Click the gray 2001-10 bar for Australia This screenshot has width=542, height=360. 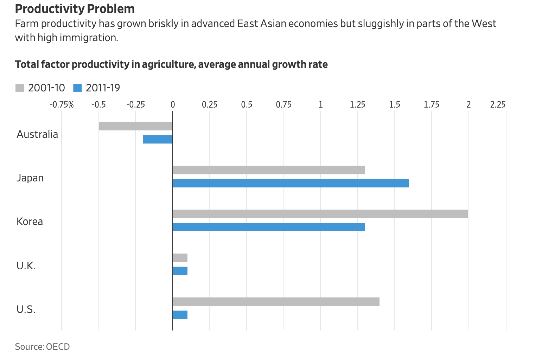[x=135, y=126]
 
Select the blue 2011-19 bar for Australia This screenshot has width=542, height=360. [x=158, y=139]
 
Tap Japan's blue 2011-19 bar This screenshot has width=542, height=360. [x=291, y=183]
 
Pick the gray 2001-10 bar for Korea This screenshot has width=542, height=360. [x=320, y=214]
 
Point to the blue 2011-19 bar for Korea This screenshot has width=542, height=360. [x=268, y=227]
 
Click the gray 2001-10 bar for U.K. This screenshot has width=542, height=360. [x=180, y=258]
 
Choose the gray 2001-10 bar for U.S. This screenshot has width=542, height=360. [x=276, y=302]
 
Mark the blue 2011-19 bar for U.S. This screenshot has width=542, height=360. [x=180, y=315]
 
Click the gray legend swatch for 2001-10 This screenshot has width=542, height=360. [x=20, y=88]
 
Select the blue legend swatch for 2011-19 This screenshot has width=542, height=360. [x=77, y=88]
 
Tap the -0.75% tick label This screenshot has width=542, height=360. [x=62, y=104]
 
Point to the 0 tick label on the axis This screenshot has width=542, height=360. [x=173, y=104]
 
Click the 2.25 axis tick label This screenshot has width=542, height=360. [x=498, y=104]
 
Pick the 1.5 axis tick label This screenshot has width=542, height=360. [x=395, y=104]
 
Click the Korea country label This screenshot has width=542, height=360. [x=30, y=221]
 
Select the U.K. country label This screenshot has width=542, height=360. [x=26, y=266]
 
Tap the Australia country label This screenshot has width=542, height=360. [x=37, y=134]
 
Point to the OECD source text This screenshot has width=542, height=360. [x=58, y=347]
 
